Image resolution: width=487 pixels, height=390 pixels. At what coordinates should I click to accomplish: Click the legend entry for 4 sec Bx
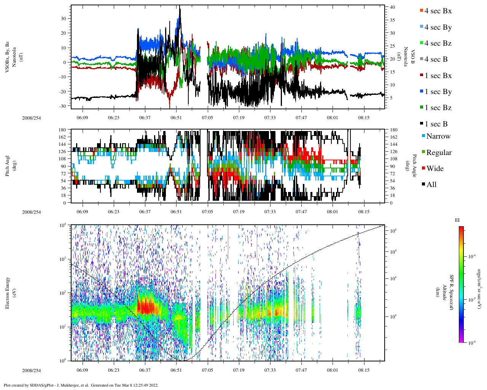(x=438, y=11)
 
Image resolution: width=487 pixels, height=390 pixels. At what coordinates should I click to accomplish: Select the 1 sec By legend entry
(x=438, y=92)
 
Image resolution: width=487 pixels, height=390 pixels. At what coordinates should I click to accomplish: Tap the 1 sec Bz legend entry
(x=438, y=108)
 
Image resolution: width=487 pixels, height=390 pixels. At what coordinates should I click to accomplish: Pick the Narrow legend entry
(x=438, y=136)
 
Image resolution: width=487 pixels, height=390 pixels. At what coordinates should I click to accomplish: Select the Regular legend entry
(x=439, y=153)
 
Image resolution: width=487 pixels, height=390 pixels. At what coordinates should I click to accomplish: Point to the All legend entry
(x=431, y=185)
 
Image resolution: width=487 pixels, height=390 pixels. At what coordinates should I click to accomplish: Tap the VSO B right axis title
(x=412, y=57)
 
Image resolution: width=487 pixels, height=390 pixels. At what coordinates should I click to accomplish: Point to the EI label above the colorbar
(x=457, y=220)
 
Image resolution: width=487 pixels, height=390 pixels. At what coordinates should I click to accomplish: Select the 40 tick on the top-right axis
(x=392, y=7)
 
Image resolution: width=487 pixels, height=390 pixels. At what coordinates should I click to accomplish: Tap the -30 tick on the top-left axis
(x=63, y=106)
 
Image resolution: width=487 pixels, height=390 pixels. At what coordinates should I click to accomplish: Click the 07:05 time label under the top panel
(x=207, y=118)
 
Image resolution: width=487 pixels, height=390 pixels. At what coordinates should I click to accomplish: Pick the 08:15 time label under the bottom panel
(x=364, y=370)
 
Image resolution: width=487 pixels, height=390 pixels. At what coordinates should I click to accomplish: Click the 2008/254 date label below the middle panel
(x=31, y=212)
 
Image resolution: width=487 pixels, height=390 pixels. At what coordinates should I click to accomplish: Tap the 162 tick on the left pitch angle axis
(x=63, y=137)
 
